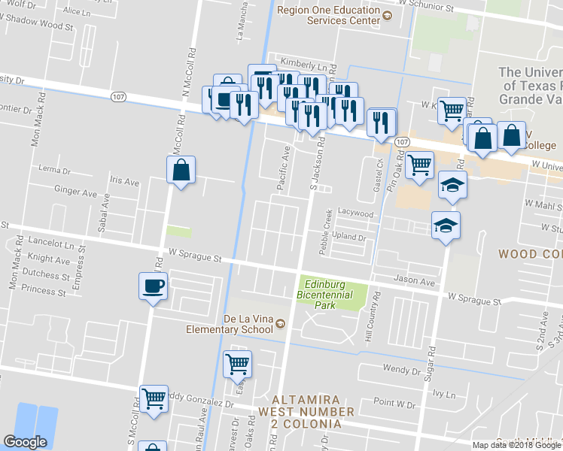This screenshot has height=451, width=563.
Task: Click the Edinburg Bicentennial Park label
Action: click(336, 294)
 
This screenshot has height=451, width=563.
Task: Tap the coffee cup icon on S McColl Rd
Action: click(152, 286)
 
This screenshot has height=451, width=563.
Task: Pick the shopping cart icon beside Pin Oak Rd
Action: click(419, 164)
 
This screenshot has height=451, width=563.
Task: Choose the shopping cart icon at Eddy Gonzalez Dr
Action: click(154, 398)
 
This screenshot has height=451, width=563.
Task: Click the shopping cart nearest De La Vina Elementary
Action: click(238, 364)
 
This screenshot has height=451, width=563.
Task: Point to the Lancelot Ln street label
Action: click(49, 246)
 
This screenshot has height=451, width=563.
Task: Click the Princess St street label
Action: click(44, 289)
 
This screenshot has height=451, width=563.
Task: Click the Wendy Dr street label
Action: click(400, 370)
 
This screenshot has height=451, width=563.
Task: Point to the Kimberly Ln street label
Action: click(306, 66)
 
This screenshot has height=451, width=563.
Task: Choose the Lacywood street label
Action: click(355, 213)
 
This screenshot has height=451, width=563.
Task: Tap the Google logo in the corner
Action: click(25, 442)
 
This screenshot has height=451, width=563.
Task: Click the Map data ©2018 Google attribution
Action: click(516, 445)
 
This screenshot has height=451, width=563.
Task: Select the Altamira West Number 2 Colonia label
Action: click(299, 406)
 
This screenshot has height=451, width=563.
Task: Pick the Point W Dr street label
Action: click(394, 404)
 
